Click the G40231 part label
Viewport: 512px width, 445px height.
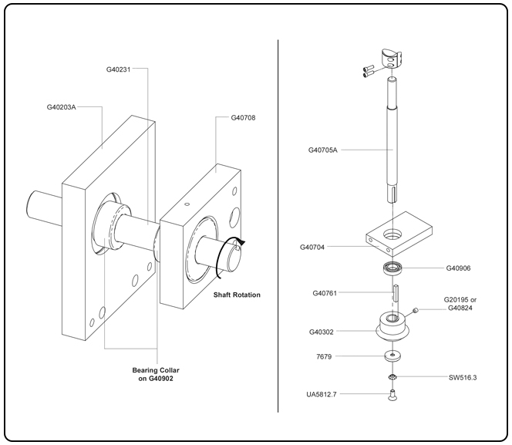120,69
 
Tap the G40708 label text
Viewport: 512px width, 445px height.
244,118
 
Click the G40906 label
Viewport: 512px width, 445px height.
460,268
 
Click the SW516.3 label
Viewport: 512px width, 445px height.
463,377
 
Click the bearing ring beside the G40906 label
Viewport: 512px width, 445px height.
393,268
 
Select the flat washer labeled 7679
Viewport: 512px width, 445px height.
393,356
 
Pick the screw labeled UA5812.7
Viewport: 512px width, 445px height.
393,396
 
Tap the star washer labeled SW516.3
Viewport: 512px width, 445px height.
393,377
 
